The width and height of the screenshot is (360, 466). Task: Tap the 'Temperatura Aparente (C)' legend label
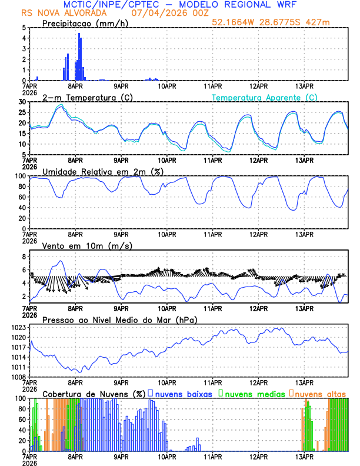pos(265,97)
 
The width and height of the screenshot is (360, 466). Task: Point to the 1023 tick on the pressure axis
pos(19,327)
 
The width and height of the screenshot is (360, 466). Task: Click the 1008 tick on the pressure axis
pos(19,377)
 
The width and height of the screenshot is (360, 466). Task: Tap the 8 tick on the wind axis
pos(24,257)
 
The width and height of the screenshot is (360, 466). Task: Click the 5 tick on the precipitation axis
pos(24,28)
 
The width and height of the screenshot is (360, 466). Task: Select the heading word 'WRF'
pos(292,4)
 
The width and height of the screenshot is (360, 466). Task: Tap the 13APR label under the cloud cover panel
pos(304,455)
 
